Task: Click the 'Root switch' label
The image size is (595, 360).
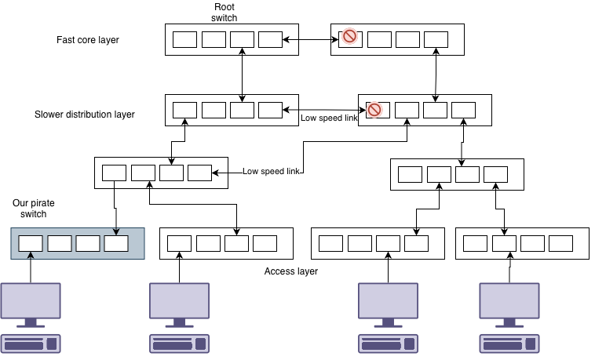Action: coord(224,12)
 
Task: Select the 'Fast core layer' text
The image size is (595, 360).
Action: coord(88,39)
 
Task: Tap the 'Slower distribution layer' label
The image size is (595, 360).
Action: coord(85,115)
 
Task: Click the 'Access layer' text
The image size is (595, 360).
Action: coord(291,271)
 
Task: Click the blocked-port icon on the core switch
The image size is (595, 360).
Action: coord(350,36)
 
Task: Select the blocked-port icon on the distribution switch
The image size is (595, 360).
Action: coord(374,110)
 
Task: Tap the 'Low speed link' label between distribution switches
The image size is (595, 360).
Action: coord(328,119)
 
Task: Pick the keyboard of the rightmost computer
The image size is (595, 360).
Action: coord(509,344)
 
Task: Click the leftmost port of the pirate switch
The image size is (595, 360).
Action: coord(31,243)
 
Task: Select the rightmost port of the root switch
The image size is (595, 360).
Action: coord(270,39)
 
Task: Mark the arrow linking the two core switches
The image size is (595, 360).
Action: coord(311,38)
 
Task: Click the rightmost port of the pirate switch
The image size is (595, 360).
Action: coord(115,243)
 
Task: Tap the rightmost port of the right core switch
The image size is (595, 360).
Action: coord(436,39)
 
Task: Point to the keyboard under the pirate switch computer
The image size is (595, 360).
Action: coord(31,344)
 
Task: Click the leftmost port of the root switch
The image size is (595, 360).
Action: coord(185,39)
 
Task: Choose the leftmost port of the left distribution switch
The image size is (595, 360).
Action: coord(185,110)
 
